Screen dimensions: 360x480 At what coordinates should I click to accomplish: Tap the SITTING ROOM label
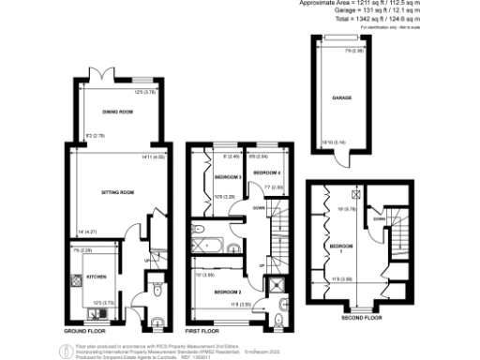pos(118,193)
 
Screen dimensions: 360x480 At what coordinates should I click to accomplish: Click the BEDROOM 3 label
pos(227,176)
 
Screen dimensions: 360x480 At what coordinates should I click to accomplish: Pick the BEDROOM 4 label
pos(267,173)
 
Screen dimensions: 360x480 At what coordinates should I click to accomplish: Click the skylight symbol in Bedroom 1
pos(355,195)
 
